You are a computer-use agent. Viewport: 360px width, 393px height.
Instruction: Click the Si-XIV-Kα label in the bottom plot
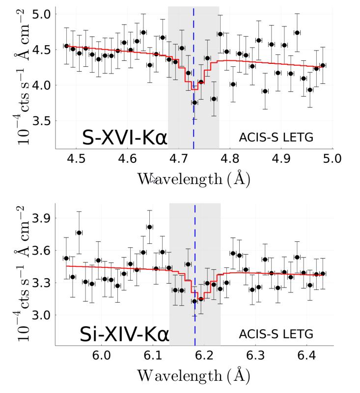[x=124, y=335]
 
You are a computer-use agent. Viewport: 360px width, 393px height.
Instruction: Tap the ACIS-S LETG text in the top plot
[x=276, y=138]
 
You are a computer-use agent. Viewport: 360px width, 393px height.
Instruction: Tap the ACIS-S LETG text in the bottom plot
[x=276, y=335]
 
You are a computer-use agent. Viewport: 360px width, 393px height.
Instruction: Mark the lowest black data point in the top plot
[x=194, y=103]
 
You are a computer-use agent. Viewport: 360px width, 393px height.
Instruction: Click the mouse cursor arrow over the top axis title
[x=153, y=180]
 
